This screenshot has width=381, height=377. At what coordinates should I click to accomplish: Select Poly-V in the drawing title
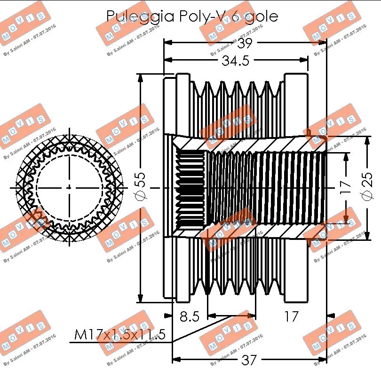(x=201, y=16)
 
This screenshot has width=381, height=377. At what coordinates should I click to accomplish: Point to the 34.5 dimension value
(x=235, y=61)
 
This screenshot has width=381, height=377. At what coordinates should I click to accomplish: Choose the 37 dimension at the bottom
(x=249, y=360)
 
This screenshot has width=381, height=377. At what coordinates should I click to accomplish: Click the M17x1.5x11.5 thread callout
(x=120, y=335)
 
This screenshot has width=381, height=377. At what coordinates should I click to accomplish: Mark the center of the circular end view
(x=69, y=188)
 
